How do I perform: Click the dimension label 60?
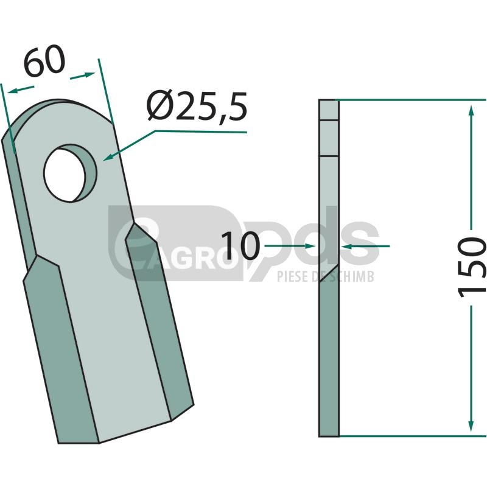[x=44, y=61]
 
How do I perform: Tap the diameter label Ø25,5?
[x=197, y=107]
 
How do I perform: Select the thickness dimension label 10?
[x=240, y=246]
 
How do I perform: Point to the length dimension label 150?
[x=471, y=267]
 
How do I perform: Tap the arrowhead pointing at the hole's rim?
[x=108, y=158]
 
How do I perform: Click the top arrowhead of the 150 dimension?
[x=471, y=111]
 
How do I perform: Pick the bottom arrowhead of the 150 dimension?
[x=471, y=426]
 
